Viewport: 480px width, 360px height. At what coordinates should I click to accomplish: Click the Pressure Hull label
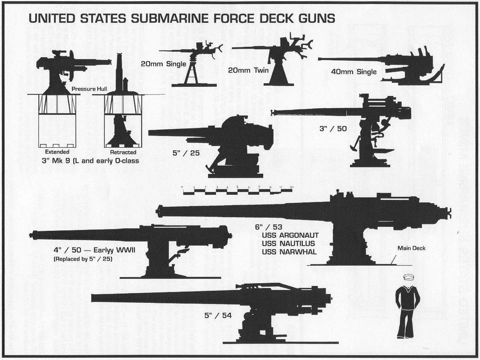click(x=90, y=89)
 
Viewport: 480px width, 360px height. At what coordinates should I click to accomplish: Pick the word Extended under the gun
click(x=57, y=152)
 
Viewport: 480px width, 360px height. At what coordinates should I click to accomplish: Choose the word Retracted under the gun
click(x=123, y=152)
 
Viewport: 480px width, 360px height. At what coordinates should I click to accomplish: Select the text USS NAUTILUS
click(x=290, y=243)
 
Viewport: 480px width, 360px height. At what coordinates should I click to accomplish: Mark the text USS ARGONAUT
click(x=290, y=235)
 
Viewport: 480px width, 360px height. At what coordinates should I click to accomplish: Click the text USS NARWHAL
click(x=289, y=252)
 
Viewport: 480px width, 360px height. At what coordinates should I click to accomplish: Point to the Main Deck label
click(x=411, y=248)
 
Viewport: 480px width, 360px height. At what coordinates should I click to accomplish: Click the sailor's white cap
click(x=408, y=278)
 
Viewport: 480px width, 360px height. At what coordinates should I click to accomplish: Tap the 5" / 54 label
click(x=218, y=315)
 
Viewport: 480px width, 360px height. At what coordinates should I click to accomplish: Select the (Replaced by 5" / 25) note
click(x=83, y=259)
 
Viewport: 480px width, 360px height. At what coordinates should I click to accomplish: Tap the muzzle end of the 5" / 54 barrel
click(x=93, y=297)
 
